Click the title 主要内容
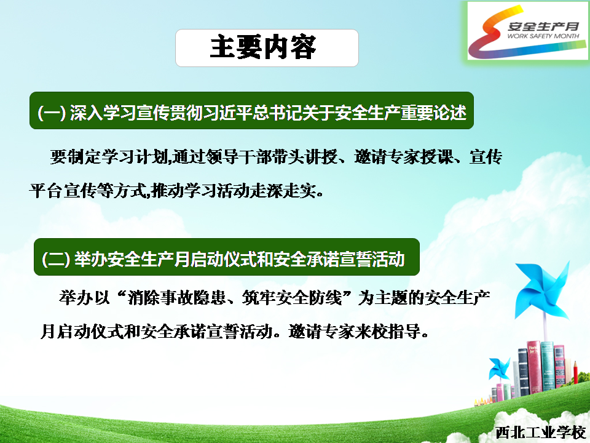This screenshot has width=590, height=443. (x=263, y=47)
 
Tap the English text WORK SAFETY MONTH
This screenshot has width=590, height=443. (x=543, y=36)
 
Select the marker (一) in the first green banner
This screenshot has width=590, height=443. (x=52, y=112)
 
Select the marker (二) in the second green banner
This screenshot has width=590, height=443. (x=56, y=259)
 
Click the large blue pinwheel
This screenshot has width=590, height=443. (x=542, y=289)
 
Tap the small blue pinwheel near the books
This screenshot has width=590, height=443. (x=499, y=368)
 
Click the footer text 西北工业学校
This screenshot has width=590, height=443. (x=540, y=432)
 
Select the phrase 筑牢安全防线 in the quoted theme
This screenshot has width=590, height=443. (x=292, y=298)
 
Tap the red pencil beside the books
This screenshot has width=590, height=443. (x=575, y=372)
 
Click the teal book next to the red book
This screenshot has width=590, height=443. (x=548, y=365)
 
